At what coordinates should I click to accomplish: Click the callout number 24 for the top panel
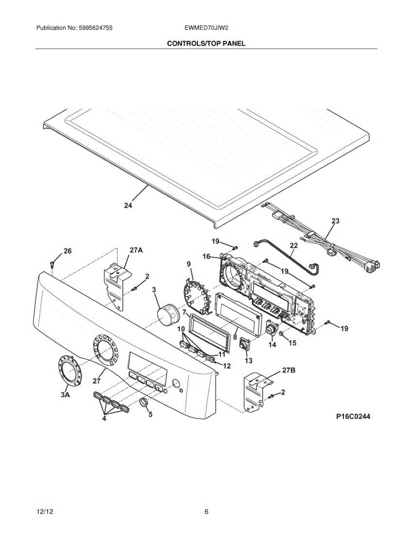tap(128, 206)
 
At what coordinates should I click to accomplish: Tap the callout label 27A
tap(136, 251)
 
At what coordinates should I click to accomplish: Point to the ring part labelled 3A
tap(68, 370)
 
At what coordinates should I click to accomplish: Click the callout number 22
tap(294, 245)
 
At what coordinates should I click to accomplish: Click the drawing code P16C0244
tap(353, 417)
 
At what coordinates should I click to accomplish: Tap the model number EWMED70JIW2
tap(206, 28)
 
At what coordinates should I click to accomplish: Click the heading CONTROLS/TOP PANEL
tap(206, 44)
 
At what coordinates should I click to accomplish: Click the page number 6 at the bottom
tap(206, 511)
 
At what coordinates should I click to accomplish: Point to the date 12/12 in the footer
tap(43, 511)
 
